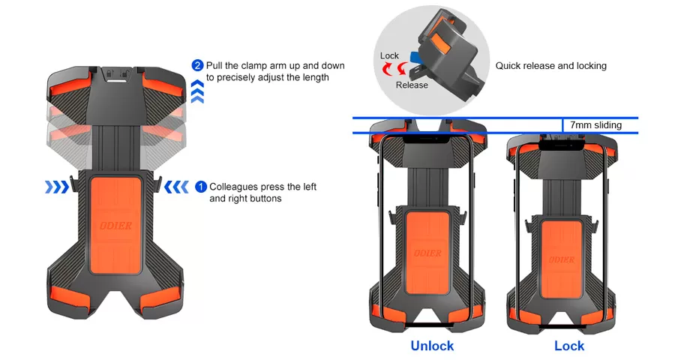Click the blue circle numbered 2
[197, 65]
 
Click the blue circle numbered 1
[201, 187]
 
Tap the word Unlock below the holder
[432, 346]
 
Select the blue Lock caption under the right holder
[569, 346]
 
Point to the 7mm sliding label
[595, 125]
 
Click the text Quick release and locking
[551, 65]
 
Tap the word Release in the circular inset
[412, 85]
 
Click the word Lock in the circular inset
[389, 55]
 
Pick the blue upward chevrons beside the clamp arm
[197, 91]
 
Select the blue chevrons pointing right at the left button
[57, 187]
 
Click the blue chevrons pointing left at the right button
[176, 187]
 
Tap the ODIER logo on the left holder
[115, 226]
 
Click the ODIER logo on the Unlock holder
[427, 253]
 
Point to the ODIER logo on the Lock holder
[562, 259]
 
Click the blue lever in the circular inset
[414, 57]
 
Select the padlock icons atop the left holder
[116, 73]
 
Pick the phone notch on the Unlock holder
[427, 138]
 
